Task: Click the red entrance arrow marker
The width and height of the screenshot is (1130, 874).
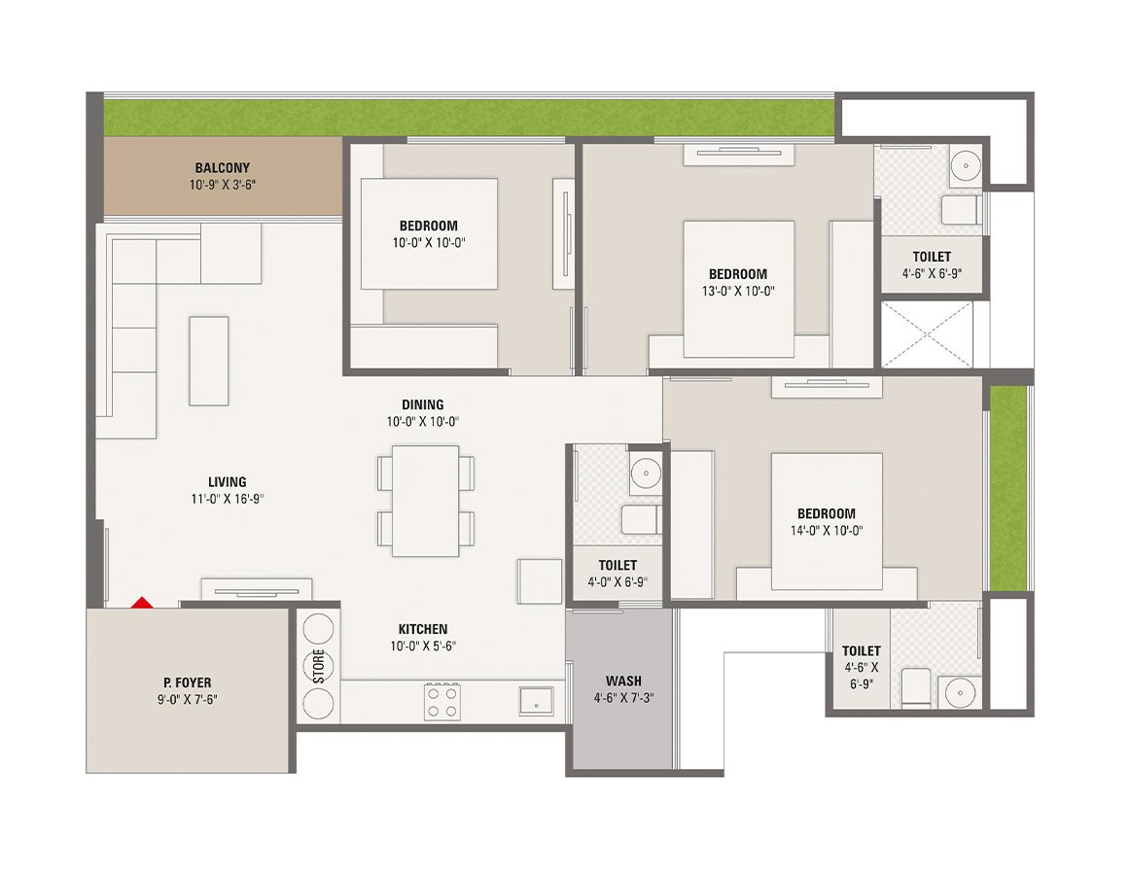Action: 142,603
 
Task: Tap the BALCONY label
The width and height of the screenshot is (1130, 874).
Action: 222,167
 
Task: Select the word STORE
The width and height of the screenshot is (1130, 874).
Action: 318,666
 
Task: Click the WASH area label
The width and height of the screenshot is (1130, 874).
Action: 622,681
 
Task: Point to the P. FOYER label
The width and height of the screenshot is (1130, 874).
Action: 188,682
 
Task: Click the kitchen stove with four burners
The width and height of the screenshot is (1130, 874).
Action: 441,700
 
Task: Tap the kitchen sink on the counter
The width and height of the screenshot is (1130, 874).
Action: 536,700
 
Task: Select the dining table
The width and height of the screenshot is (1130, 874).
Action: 426,501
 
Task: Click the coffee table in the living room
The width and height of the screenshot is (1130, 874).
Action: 209,360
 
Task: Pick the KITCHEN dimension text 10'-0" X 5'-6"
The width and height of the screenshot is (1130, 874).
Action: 423,646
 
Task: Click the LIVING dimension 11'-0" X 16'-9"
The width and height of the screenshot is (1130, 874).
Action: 227,498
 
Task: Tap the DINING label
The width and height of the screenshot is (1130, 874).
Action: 422,404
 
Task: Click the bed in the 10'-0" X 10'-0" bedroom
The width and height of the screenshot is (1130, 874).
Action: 429,233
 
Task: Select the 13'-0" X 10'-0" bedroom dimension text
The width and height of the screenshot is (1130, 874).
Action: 737,290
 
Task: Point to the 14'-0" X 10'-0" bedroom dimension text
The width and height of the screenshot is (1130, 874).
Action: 827,530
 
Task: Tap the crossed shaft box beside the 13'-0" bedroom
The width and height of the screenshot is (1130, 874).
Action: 927,334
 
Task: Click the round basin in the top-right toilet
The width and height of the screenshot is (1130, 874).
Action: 963,163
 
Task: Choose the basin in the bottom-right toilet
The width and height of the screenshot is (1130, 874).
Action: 958,691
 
